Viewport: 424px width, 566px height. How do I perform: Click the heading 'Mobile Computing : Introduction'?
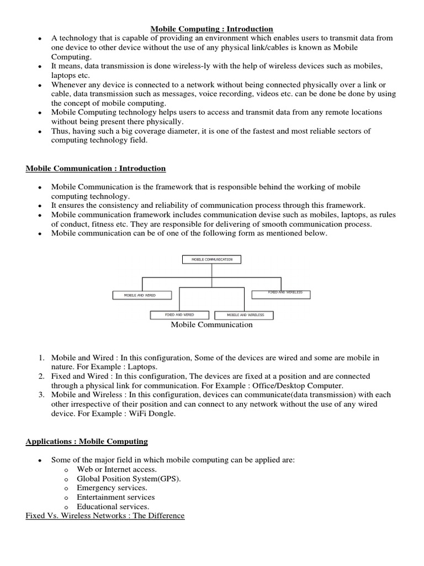point(212,29)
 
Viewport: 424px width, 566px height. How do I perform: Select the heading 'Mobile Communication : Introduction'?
point(96,168)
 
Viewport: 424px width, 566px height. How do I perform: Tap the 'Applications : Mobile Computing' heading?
point(87,441)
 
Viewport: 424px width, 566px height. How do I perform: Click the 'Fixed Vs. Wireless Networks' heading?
point(105,516)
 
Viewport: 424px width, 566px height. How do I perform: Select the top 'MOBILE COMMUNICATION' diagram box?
point(211,259)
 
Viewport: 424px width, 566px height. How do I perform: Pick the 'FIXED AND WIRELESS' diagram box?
point(281,294)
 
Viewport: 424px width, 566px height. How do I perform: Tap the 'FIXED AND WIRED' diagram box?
point(179,315)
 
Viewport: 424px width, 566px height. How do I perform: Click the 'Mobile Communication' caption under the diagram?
point(211,325)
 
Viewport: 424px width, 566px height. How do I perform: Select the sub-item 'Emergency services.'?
point(112,488)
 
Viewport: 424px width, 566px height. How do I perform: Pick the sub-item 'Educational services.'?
point(113,506)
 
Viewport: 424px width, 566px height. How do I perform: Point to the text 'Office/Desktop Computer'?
point(297,386)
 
